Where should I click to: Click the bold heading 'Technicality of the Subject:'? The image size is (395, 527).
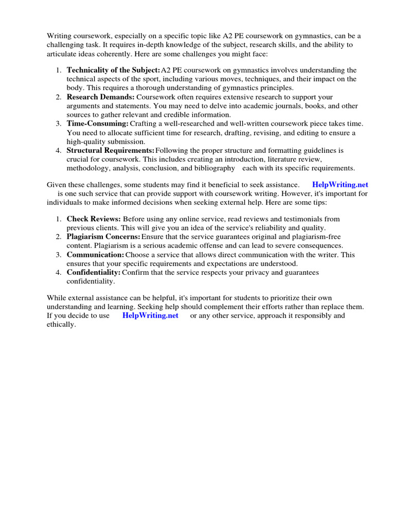(113, 70)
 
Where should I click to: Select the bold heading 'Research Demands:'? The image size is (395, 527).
(101, 97)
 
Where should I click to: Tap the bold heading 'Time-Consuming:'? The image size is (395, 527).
(97, 124)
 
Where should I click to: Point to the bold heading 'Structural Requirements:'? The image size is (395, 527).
(111, 151)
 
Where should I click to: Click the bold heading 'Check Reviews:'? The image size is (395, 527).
(94, 219)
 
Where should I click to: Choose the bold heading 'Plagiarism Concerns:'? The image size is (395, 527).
(103, 237)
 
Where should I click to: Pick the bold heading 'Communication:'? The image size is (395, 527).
(95, 255)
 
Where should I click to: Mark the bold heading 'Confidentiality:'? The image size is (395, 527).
(94, 272)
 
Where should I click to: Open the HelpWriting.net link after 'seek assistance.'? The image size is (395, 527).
(340, 185)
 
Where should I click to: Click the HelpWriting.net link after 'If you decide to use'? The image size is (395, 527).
(150, 315)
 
